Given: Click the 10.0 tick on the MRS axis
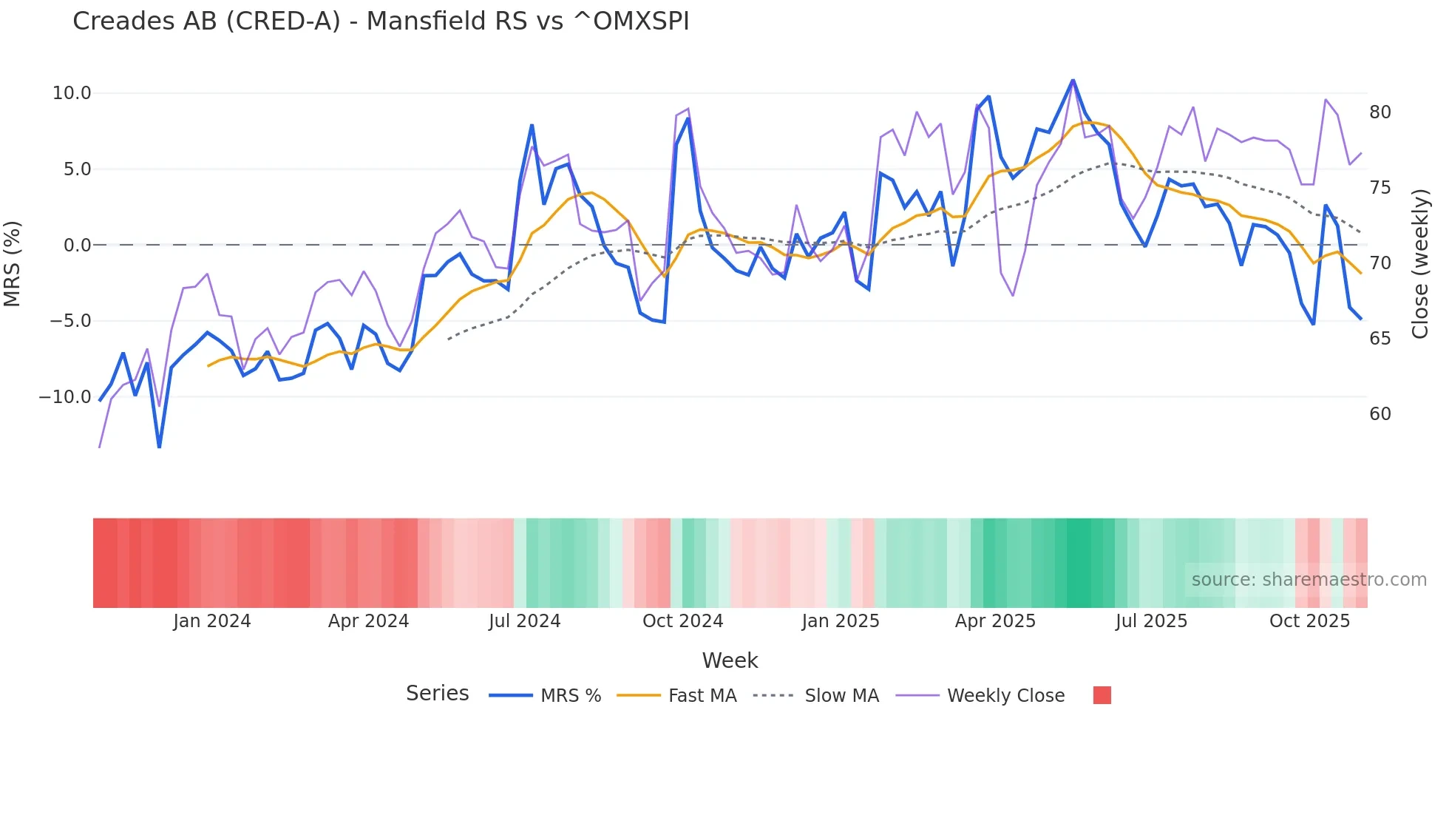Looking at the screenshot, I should coord(71,93).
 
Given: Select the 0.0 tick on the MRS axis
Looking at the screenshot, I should coord(77,245).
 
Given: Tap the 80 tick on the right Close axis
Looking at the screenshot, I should coord(1380,112).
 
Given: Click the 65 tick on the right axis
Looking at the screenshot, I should coord(1380,339).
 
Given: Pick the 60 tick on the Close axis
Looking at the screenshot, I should coord(1380,414).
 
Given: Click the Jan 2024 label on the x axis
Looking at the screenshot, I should coord(212,621).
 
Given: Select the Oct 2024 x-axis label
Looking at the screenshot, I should coord(682,621).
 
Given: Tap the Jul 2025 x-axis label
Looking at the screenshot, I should coord(1151,621).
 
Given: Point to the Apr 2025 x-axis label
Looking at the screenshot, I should coord(995,621).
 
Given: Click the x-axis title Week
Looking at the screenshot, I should coord(730,660).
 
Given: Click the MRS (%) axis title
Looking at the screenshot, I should coord(13,264).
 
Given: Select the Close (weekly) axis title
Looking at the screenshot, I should coord(1420,264).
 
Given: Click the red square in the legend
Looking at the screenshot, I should coord(1102,695).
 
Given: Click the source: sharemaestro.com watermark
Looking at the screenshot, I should coord(1309,580).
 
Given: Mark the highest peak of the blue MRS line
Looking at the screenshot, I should coord(1073,80).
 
